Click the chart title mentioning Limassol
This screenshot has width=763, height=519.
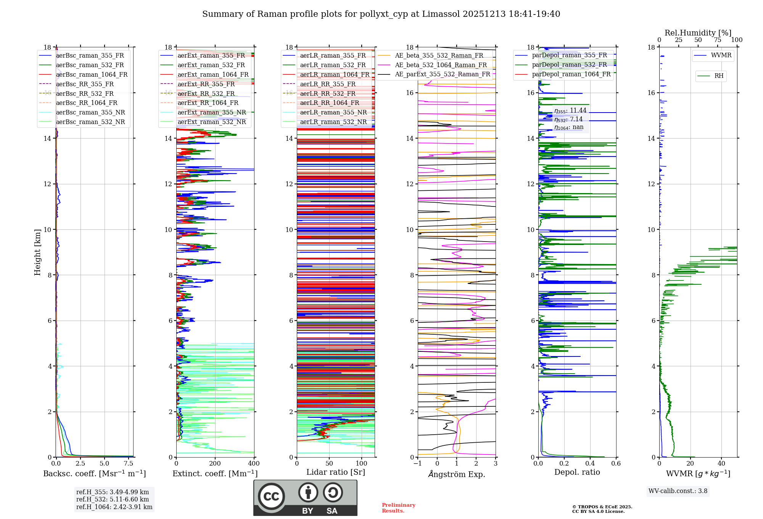pyautogui.click(x=381, y=14)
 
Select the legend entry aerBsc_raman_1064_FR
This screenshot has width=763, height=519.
pyautogui.click(x=92, y=74)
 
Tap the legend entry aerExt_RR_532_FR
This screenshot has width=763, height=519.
pyautogui.click(x=206, y=93)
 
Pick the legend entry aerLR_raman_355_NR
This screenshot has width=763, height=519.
pyautogui.click(x=333, y=112)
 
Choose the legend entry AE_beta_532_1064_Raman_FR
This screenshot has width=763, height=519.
pyautogui.click(x=441, y=65)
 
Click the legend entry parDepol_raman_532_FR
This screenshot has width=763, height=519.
pyautogui.click(x=569, y=64)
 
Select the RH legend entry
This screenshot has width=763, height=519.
pyautogui.click(x=719, y=76)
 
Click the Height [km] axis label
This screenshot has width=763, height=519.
pyautogui.click(x=37, y=252)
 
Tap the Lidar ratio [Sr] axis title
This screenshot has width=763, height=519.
pyautogui.click(x=336, y=472)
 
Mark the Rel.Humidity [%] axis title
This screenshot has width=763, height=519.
pyautogui.click(x=698, y=33)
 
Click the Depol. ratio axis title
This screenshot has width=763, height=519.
pyautogui.click(x=577, y=472)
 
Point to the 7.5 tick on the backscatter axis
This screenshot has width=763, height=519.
pyautogui.click(x=129, y=463)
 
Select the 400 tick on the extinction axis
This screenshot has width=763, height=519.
pyautogui.click(x=254, y=463)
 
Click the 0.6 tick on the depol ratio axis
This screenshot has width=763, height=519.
pyautogui.click(x=616, y=463)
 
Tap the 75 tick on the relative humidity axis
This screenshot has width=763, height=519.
pyautogui.click(x=718, y=40)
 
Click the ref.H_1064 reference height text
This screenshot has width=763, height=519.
pyautogui.click(x=114, y=507)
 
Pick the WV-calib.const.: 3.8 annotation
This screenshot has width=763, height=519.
pyautogui.click(x=678, y=491)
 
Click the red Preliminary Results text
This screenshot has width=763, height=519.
pyautogui.click(x=398, y=508)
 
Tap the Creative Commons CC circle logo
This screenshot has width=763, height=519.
pyautogui.click(x=271, y=496)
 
